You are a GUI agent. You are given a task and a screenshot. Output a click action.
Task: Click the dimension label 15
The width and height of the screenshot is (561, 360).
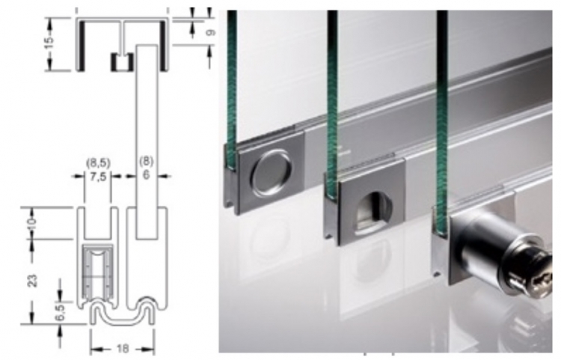[x=49, y=41]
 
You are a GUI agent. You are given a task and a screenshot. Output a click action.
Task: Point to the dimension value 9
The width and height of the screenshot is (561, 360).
[x=211, y=33]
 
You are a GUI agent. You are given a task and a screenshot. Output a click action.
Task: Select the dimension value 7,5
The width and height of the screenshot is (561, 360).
[x=98, y=177]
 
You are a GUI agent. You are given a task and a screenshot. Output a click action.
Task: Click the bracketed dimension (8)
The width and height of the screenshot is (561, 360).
[x=147, y=162]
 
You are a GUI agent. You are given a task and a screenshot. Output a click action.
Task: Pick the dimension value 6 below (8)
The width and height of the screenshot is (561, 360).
[x=146, y=175]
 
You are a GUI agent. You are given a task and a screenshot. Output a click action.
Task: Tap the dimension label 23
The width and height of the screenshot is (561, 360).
[x=33, y=280]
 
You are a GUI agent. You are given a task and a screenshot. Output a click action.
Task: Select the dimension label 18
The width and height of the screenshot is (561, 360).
[x=122, y=349]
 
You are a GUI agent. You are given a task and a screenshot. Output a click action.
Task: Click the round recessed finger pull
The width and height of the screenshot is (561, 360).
[x=272, y=174]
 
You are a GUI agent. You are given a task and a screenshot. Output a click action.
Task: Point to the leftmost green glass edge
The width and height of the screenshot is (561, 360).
[x=232, y=90]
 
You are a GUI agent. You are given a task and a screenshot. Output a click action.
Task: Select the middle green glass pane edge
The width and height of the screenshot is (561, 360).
[x=332, y=104]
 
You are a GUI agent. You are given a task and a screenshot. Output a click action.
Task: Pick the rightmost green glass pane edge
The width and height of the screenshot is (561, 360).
[x=442, y=122]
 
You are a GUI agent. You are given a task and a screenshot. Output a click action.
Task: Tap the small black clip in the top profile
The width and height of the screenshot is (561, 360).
[x=122, y=62]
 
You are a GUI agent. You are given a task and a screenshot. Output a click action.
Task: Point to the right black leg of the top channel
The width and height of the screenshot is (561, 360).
[x=163, y=46]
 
